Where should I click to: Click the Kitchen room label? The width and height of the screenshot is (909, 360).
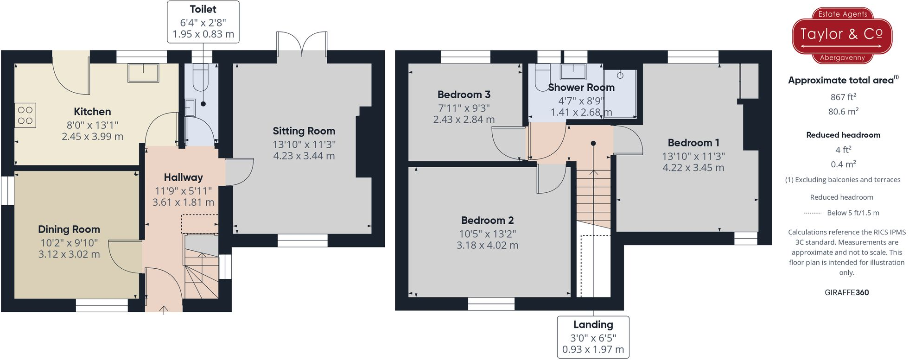coord(92,112)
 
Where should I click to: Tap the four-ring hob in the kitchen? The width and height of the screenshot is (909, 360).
coord(25,115)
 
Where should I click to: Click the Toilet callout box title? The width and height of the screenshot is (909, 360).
coord(203,9)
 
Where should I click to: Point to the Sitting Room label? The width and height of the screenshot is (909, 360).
coord(304,131)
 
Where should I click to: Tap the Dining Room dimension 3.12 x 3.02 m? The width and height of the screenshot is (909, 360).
coord(69,254)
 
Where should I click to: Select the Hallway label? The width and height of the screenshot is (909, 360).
coord(183,177)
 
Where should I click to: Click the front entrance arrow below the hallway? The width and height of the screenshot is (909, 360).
coord(164,309)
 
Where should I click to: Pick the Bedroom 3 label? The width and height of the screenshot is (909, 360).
coord(464,95)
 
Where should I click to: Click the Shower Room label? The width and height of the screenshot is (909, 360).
coord(581,88)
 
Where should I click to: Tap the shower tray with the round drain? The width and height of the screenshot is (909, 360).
coord(620,93)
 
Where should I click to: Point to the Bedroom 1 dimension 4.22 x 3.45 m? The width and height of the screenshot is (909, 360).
coord(693,168)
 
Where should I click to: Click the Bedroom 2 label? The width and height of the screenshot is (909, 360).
coord(487,221)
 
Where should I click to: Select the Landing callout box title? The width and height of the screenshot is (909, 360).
coord(593,325)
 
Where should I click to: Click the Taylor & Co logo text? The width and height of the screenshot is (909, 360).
coord(841,34)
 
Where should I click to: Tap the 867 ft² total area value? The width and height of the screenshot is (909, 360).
coord(843,97)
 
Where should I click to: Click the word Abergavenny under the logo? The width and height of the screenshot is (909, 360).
coord(842,58)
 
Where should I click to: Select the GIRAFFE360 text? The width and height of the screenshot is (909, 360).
coord(846,293)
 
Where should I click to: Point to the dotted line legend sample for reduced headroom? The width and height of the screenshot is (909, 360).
coord(812,213)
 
